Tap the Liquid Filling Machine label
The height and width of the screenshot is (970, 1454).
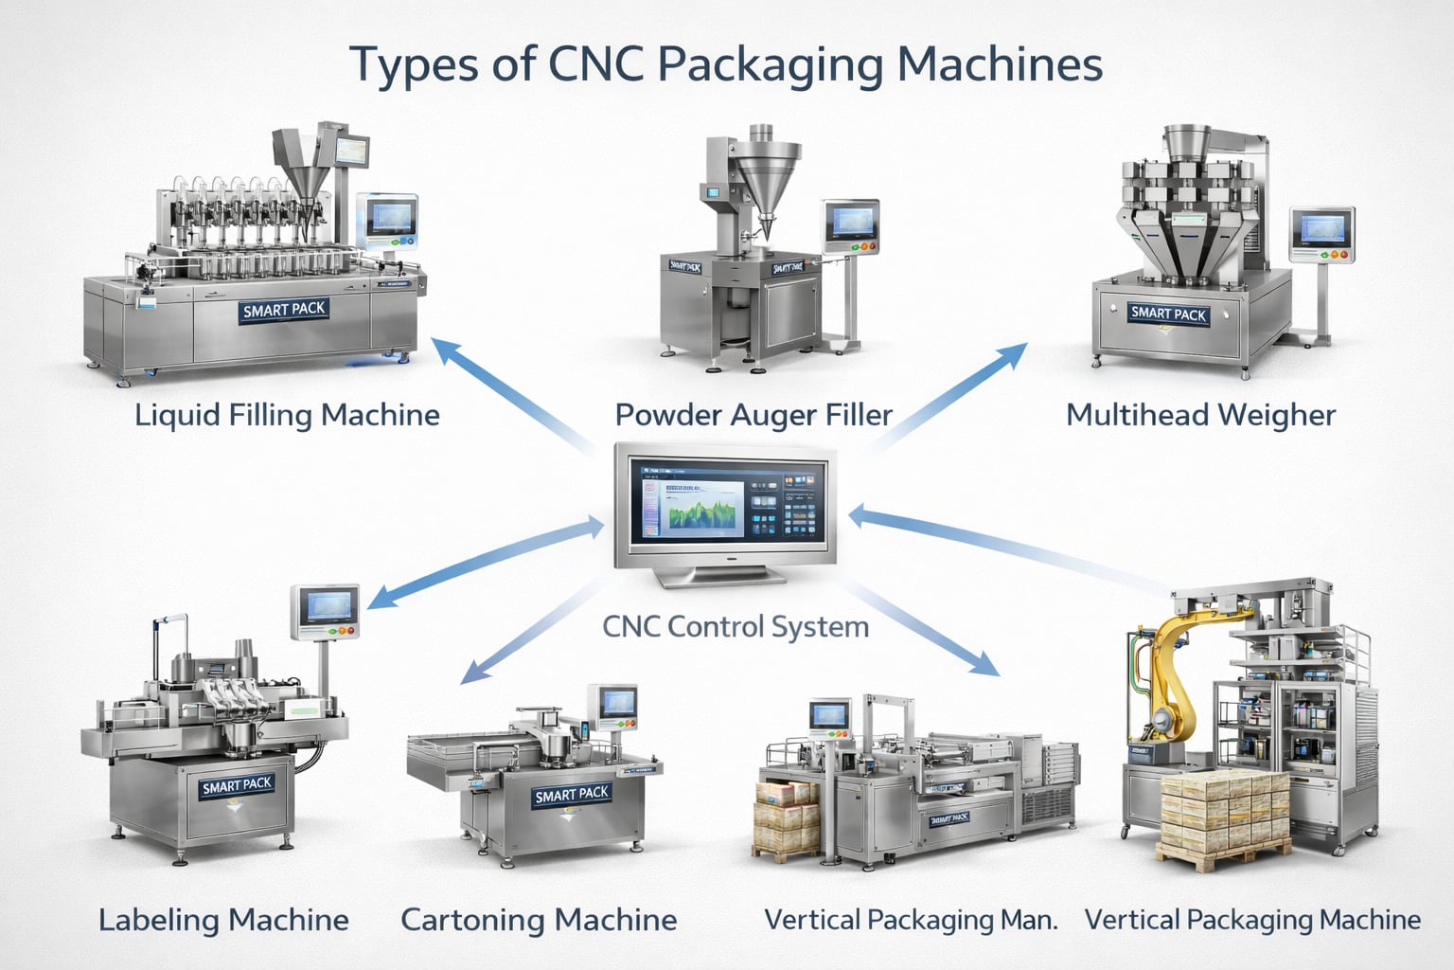click(287, 415)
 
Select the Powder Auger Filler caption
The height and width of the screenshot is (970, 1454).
click(754, 415)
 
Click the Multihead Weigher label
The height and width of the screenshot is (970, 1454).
click(1200, 415)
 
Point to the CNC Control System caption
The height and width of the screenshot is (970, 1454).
click(736, 626)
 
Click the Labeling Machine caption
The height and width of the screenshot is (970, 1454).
click(223, 920)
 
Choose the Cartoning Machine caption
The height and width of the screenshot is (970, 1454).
click(539, 920)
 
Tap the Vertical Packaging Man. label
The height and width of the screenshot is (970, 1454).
click(911, 920)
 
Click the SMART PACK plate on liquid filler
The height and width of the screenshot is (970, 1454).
click(284, 310)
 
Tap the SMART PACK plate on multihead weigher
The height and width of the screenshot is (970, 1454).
click(1168, 314)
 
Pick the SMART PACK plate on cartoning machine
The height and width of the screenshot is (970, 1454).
click(572, 794)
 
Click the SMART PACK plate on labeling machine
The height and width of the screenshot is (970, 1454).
click(237, 785)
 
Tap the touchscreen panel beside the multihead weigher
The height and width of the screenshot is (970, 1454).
click(1322, 230)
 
